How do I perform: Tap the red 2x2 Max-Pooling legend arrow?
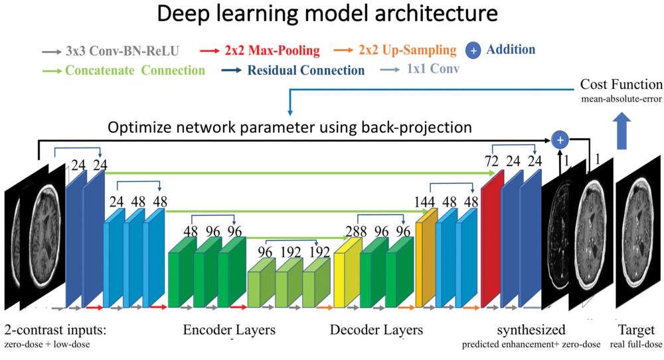pyautogui.click(x=209, y=50)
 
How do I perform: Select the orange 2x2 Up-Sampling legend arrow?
pyautogui.click(x=343, y=50)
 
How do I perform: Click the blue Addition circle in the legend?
pyautogui.click(x=474, y=50)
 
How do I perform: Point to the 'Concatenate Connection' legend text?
pyautogui.click(x=135, y=70)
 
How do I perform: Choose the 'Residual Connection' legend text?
pyautogui.click(x=306, y=70)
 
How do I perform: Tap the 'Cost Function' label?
pyautogui.click(x=621, y=85)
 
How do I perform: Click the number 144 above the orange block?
pyautogui.click(x=426, y=201)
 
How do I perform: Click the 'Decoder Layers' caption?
pyautogui.click(x=376, y=330)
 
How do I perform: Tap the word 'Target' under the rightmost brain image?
pyautogui.click(x=636, y=330)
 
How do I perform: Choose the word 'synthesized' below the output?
pyautogui.click(x=532, y=330)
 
